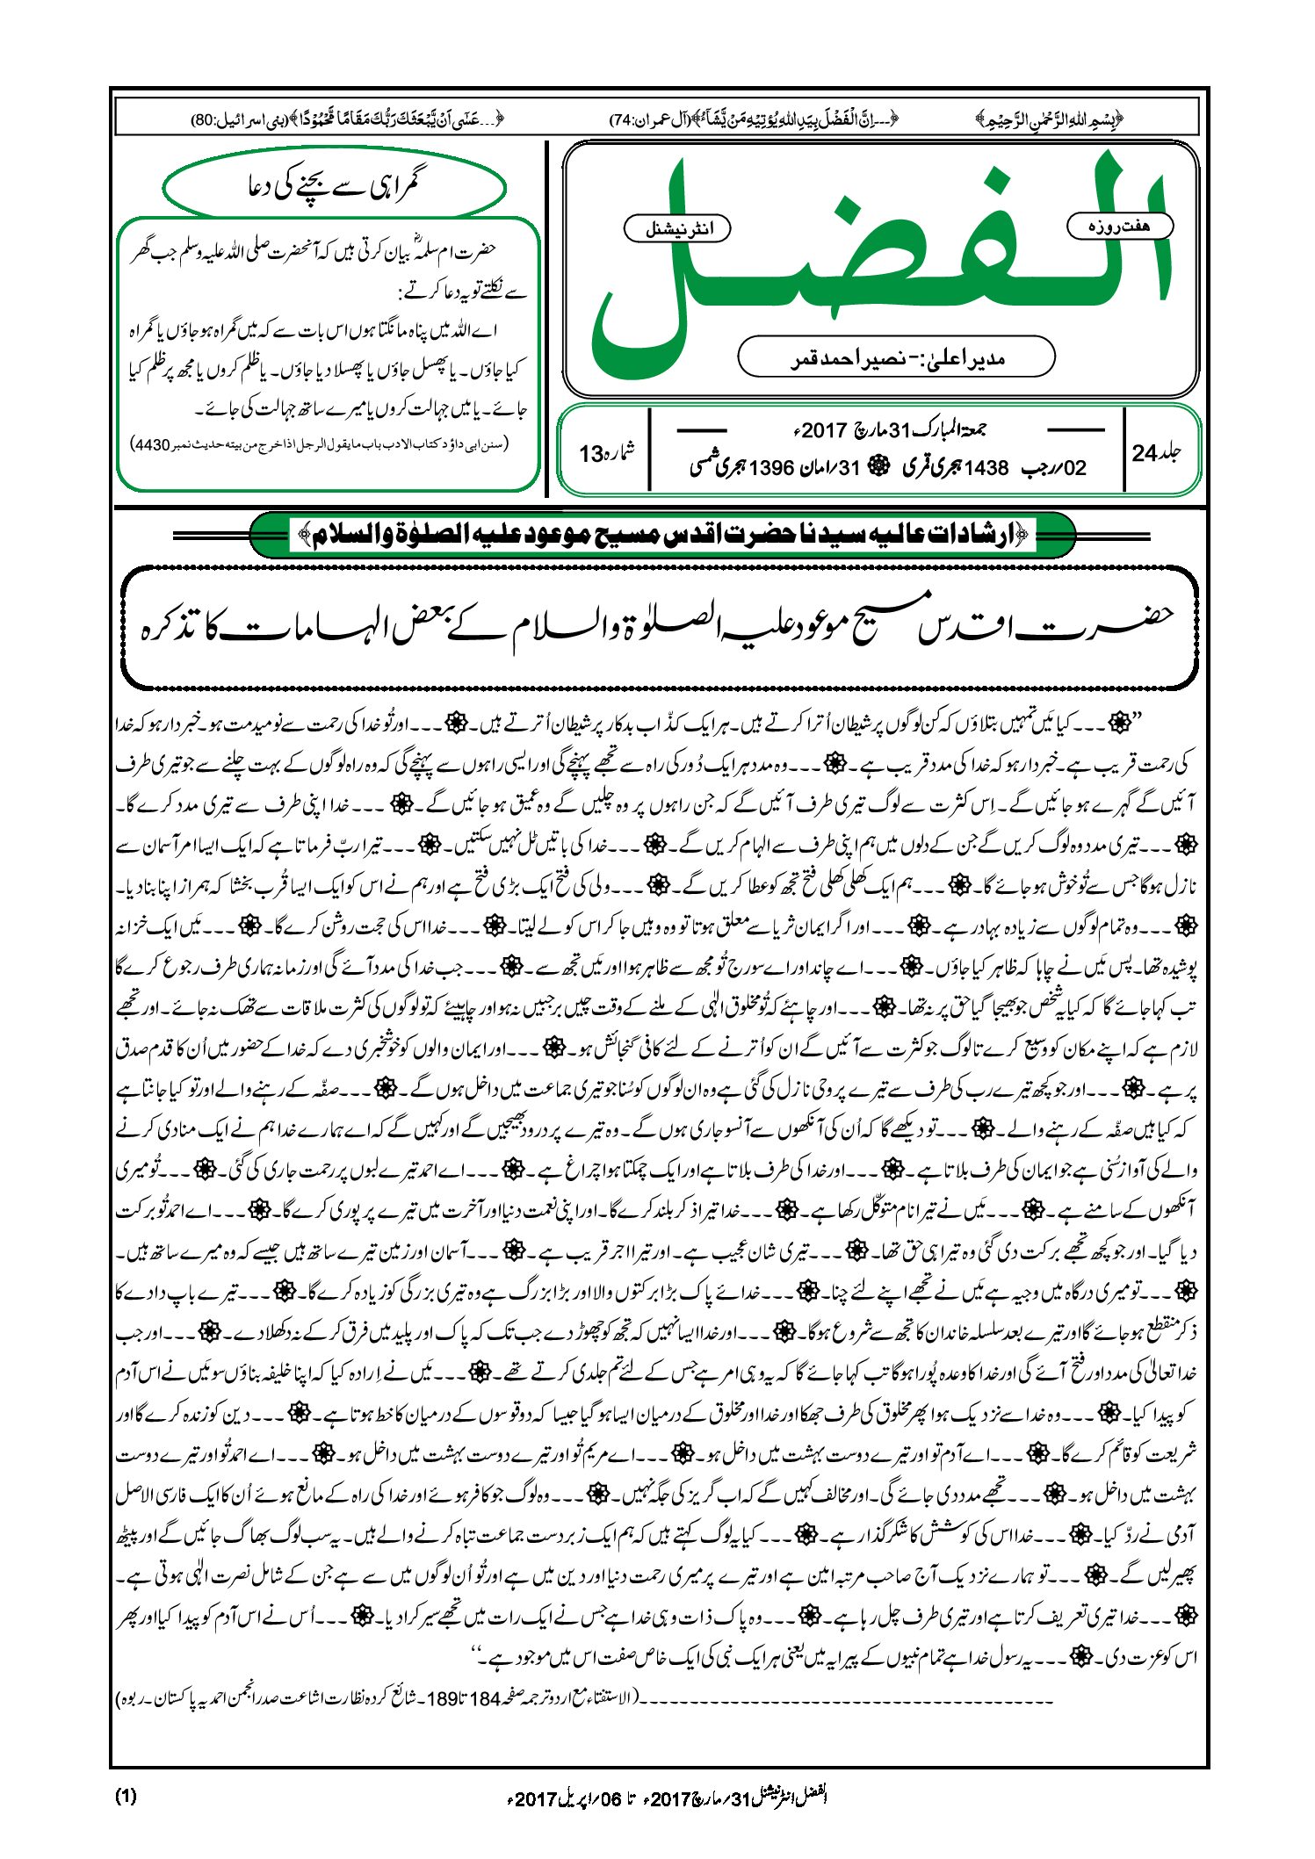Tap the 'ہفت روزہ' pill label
point(1119,227)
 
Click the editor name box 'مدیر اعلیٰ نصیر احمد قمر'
point(895,357)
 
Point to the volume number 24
point(1145,453)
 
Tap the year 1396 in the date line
point(772,467)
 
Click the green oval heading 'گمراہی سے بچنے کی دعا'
point(334,186)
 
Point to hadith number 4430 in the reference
point(151,444)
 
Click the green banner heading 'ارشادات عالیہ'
point(662,534)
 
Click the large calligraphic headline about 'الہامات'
point(659,626)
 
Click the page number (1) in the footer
point(126,1796)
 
